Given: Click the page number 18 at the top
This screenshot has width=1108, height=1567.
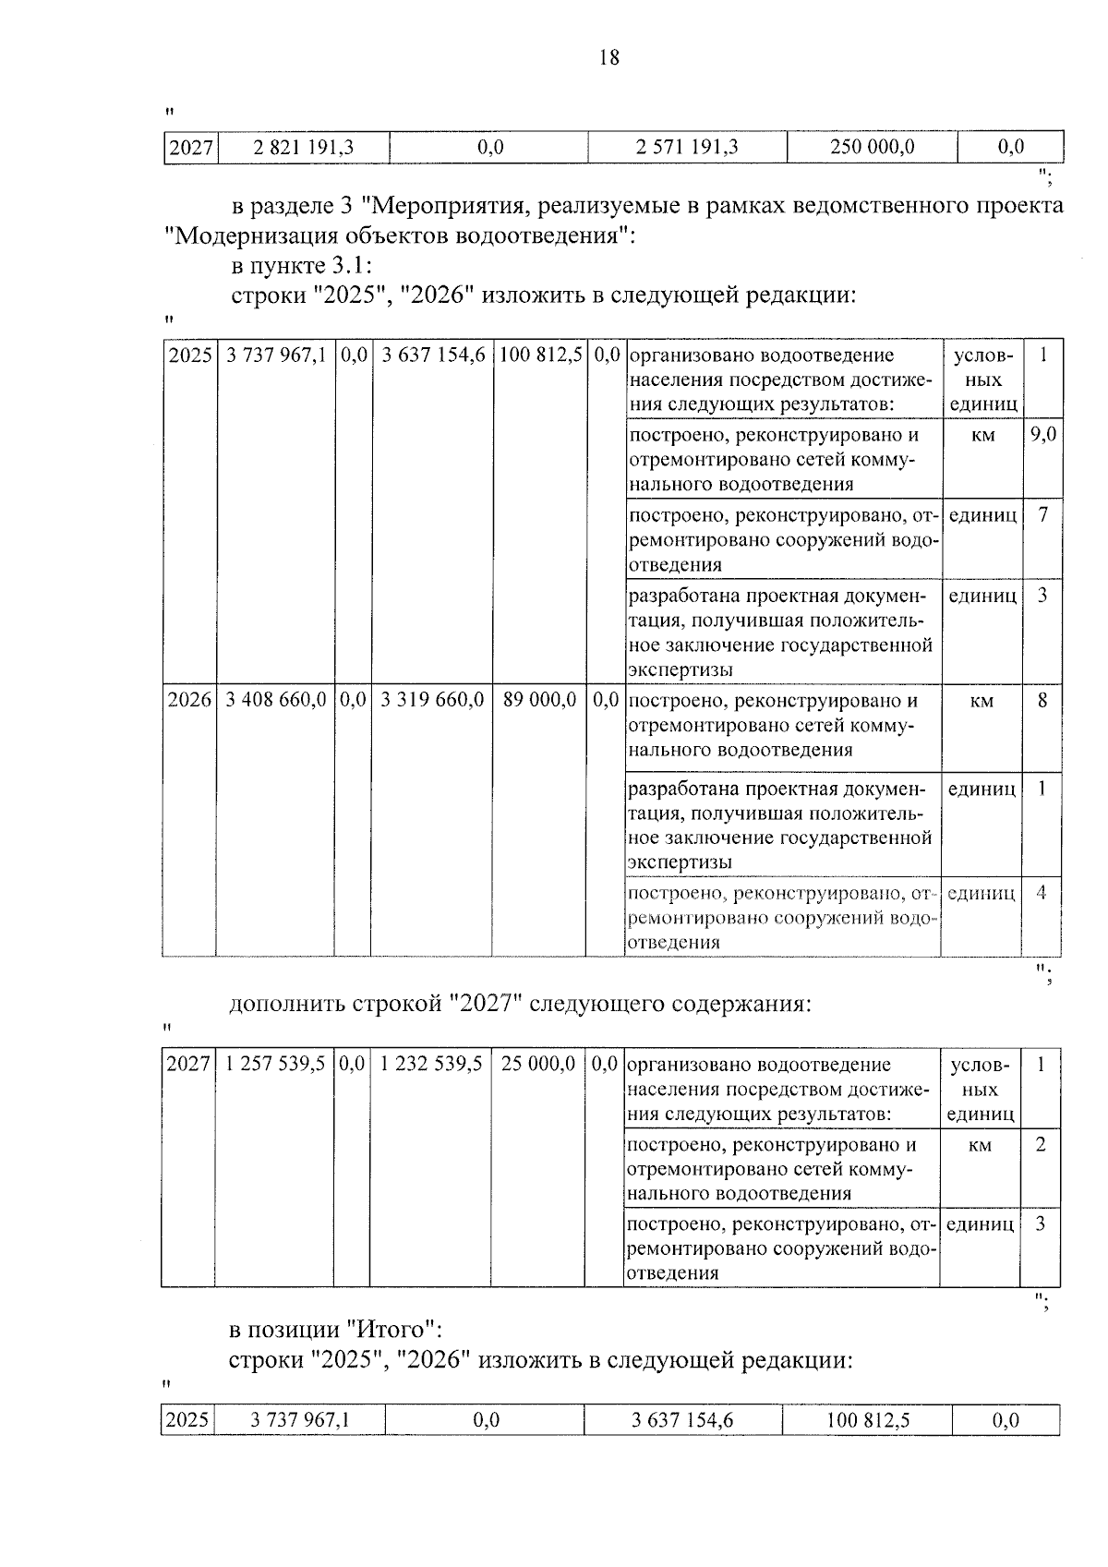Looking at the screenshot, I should point(608,58).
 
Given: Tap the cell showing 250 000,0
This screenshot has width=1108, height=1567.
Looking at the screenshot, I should point(873,147).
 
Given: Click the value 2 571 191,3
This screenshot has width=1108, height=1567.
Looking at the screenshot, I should point(688,147).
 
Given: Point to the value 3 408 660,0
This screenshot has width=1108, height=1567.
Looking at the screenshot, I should point(276,701).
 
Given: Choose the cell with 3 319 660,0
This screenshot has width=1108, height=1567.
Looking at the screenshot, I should point(432,701).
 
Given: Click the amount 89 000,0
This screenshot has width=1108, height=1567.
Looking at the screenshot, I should point(540,701).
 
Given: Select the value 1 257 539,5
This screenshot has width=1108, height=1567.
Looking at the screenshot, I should point(275,1064).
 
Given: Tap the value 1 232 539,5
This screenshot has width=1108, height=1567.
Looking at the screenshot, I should point(431,1064).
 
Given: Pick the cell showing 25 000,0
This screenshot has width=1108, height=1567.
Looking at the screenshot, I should point(538,1064).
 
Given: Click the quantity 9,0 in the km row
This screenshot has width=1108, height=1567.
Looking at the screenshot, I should point(1043,434).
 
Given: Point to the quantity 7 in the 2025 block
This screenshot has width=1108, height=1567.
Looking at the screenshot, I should point(1043,514).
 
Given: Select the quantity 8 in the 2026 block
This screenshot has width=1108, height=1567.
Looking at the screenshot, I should point(1042,701).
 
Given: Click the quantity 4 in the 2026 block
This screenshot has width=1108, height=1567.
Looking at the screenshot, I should point(1042,893).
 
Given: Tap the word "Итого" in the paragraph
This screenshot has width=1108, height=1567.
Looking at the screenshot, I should point(391,1330).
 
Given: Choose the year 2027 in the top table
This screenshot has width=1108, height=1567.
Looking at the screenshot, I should point(191,147).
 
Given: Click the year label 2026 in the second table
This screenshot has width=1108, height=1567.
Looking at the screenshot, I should point(189,701).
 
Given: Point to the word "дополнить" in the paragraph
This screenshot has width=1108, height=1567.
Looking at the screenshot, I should point(286,1004).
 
